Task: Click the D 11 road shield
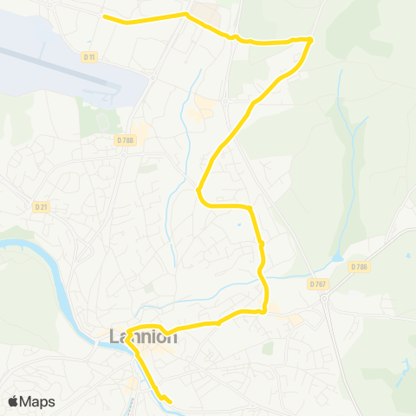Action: tap(88, 56)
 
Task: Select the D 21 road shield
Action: tap(40, 206)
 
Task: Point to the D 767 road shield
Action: tap(317, 283)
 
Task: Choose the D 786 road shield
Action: tap(360, 267)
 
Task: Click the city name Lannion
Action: tap(144, 336)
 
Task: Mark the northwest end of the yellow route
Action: tap(104, 17)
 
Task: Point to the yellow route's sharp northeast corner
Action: tap(310, 39)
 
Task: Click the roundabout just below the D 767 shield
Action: tap(324, 298)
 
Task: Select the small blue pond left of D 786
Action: tap(336, 258)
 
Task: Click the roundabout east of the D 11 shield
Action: tap(153, 76)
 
